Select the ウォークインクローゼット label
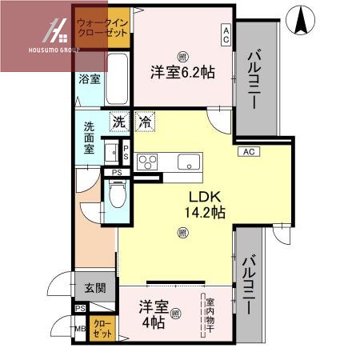[x=102, y=28]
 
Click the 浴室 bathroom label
[x=89, y=79]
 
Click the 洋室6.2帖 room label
[x=182, y=72]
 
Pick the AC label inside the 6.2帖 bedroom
[x=226, y=34]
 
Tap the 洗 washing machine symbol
[x=118, y=123]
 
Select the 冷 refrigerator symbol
[x=145, y=123]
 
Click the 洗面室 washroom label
[x=88, y=137]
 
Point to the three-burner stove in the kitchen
[x=149, y=162]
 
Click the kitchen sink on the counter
[x=189, y=162]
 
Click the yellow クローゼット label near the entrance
[x=102, y=327]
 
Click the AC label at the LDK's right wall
[x=247, y=151]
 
